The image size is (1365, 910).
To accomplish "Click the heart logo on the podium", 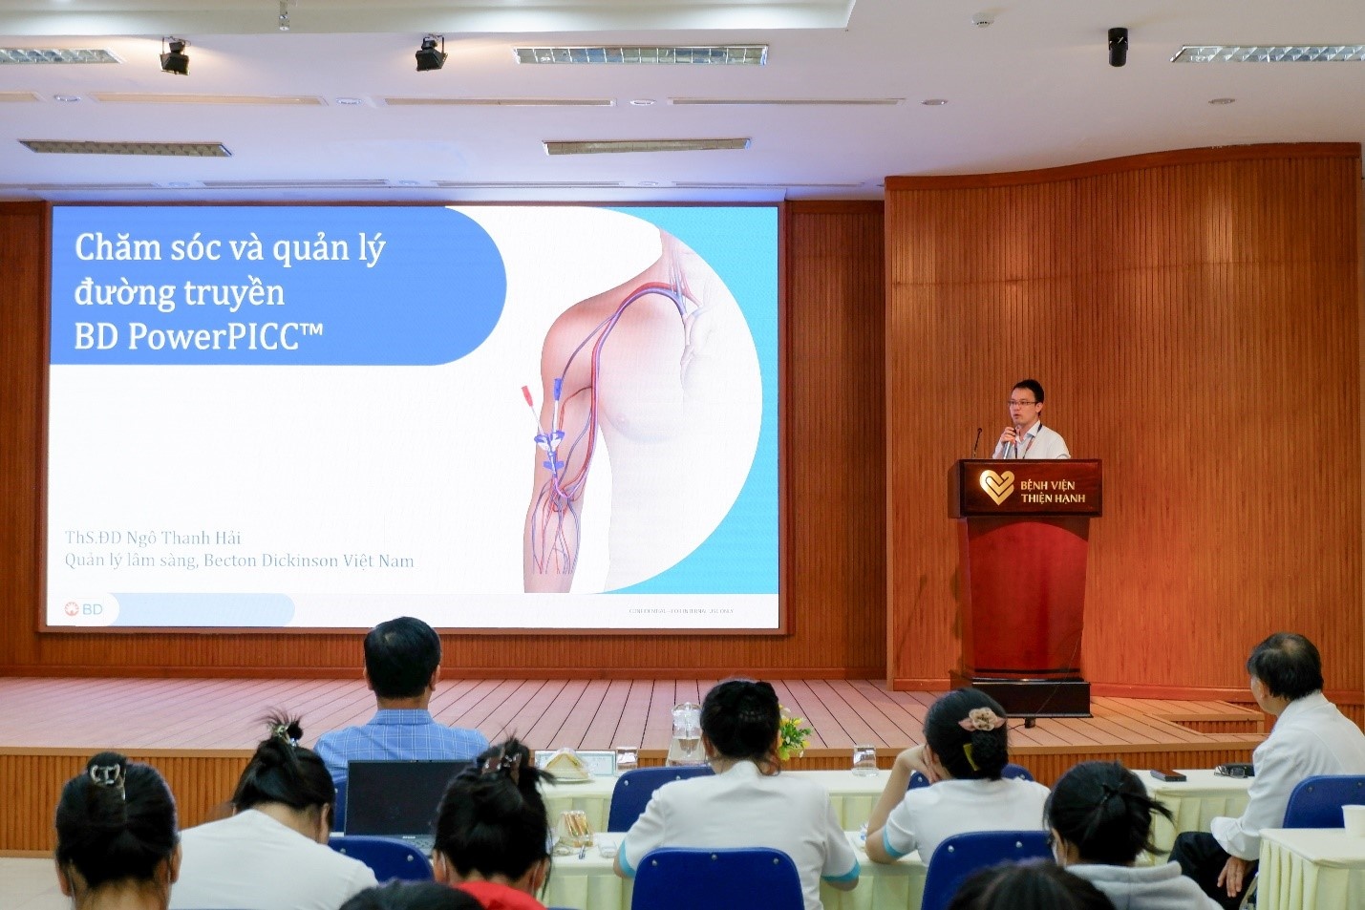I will (996, 487).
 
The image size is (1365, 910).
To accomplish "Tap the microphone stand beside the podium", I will (976, 441).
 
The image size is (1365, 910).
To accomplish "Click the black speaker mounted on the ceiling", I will (1117, 46).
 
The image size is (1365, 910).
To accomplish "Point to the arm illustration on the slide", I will (611, 411).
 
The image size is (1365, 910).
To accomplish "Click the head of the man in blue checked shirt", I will (402, 659).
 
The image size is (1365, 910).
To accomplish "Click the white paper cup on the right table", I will (1353, 819).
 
